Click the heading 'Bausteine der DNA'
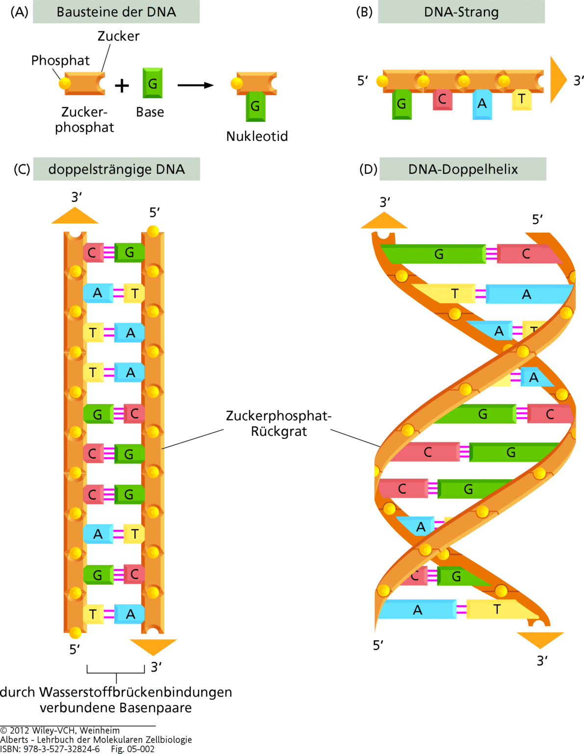tap(116, 12)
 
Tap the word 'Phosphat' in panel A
tap(60, 60)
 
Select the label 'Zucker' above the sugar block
tap(118, 36)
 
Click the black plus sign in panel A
tap(122, 85)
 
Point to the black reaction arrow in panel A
tap(195, 85)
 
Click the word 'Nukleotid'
tap(257, 136)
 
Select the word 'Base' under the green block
tap(150, 112)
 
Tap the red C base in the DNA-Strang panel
tap(442, 100)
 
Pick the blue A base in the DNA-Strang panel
tap(482, 104)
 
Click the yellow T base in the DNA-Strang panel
tap(522, 100)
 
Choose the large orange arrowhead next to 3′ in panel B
tap(558, 80)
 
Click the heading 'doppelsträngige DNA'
tap(117, 169)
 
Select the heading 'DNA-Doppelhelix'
tap(463, 169)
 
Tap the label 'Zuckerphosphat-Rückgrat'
tap(279, 424)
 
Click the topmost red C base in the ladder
tap(93, 253)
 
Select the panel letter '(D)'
tap(368, 169)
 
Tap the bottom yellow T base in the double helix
tap(497, 609)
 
